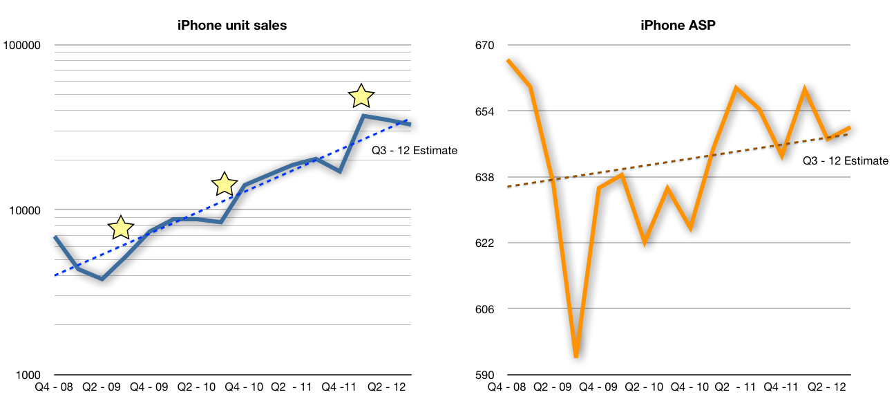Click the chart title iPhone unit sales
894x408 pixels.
coord(232,26)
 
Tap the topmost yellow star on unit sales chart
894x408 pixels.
coord(361,97)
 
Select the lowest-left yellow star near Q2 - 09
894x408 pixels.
coord(121,227)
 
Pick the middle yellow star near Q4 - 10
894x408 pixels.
coord(225,184)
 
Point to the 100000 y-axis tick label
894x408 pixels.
coord(22,46)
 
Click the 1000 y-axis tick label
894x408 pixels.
coord(28,375)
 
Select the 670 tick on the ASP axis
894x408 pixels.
coord(485,46)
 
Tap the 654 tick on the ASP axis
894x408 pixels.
coord(485,111)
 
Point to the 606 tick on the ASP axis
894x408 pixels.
coord(485,309)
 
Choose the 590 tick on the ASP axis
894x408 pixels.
coord(485,375)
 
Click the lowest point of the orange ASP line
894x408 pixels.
coord(576,356)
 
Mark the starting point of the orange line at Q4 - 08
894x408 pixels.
coord(508,60)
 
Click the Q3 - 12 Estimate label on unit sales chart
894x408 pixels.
coord(415,150)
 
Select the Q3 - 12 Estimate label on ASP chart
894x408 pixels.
coord(846,160)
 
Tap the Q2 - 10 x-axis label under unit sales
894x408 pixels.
coord(197,387)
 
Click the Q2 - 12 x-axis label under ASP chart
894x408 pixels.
coord(827,387)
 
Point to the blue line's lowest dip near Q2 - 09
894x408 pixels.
coord(102,279)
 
